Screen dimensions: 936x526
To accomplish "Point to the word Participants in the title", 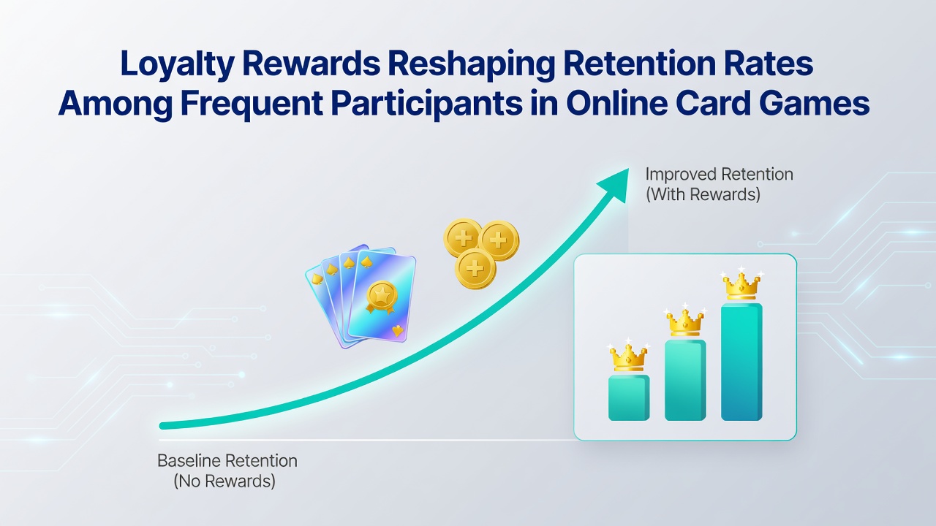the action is [x=426, y=104].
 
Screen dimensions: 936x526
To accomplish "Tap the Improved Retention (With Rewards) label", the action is [x=719, y=184].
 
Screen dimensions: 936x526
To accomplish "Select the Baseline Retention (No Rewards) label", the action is [x=227, y=471].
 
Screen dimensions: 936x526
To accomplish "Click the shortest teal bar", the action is [x=629, y=397].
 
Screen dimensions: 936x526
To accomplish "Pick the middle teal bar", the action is [x=685, y=380].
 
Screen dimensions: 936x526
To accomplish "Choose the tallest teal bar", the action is [x=741, y=362].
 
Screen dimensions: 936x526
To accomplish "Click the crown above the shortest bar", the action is [x=628, y=356].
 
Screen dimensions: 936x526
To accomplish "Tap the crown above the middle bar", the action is [x=685, y=321].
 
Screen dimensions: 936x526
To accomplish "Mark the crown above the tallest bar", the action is [x=741, y=285].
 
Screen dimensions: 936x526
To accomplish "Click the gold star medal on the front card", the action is [x=381, y=297].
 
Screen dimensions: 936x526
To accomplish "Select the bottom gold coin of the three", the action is [x=475, y=270].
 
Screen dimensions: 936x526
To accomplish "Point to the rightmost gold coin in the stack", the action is [x=499, y=240].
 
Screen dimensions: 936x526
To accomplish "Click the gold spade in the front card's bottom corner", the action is [x=397, y=331].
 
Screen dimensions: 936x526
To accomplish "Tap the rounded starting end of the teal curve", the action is [x=163, y=426].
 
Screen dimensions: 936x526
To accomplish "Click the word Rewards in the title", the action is [x=312, y=64].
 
